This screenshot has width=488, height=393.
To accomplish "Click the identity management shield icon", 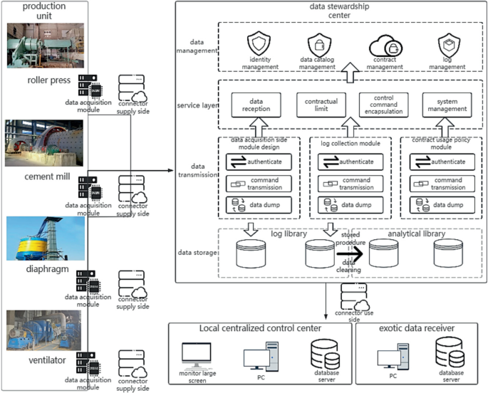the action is [x=259, y=43].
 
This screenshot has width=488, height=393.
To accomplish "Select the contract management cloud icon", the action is [x=385, y=46].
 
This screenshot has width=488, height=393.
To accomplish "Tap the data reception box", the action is [x=256, y=105].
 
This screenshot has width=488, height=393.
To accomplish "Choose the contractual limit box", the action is [x=321, y=105].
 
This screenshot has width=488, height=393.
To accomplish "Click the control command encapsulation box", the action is [x=384, y=105].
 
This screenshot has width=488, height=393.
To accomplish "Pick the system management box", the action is [x=447, y=105].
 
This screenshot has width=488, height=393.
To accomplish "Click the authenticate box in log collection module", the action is [x=351, y=162].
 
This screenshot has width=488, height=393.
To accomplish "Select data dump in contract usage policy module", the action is [x=442, y=205].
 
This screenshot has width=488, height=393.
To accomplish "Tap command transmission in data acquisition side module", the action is [x=259, y=184].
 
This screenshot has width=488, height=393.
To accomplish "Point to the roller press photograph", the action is [x=46, y=46].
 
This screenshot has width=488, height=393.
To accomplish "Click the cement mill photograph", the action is [x=44, y=143].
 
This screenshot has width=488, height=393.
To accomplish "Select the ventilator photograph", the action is [x=43, y=330].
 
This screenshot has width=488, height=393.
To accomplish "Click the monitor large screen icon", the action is [x=197, y=355].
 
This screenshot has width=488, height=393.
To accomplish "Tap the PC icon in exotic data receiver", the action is [x=393, y=357].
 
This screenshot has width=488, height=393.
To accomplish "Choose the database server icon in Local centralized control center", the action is [x=326, y=354].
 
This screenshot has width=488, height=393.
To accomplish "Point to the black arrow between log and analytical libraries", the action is [x=350, y=254].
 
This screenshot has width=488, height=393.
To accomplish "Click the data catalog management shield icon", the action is [x=319, y=45].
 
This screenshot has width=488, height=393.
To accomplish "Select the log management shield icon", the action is [x=449, y=45].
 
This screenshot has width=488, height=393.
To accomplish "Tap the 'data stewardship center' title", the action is [x=339, y=11].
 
